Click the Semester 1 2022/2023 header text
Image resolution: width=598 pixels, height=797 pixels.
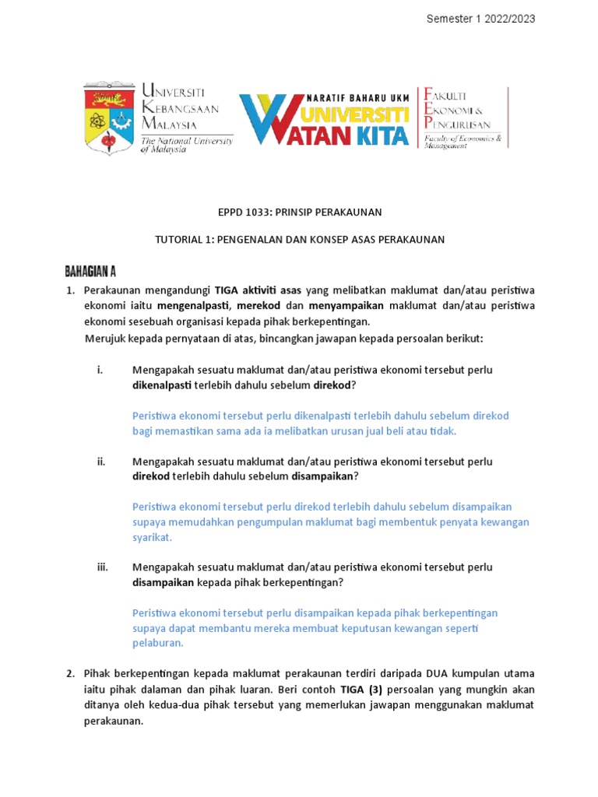pyautogui.click(x=480, y=19)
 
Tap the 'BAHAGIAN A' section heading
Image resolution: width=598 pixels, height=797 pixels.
pyautogui.click(x=90, y=271)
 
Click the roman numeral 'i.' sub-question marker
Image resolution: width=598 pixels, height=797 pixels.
pyautogui.click(x=100, y=370)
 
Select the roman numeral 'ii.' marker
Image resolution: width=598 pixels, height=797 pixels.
pyautogui.click(x=101, y=462)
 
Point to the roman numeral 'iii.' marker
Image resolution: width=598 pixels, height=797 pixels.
pyautogui.click(x=103, y=567)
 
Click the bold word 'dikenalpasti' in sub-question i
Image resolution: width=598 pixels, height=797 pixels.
pyautogui.click(x=162, y=385)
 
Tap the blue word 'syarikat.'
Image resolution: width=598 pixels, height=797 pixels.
pyautogui.click(x=152, y=537)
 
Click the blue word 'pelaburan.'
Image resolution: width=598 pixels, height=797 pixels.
pyautogui.click(x=158, y=643)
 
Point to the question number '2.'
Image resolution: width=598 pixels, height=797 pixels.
pyautogui.click(x=70, y=673)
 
